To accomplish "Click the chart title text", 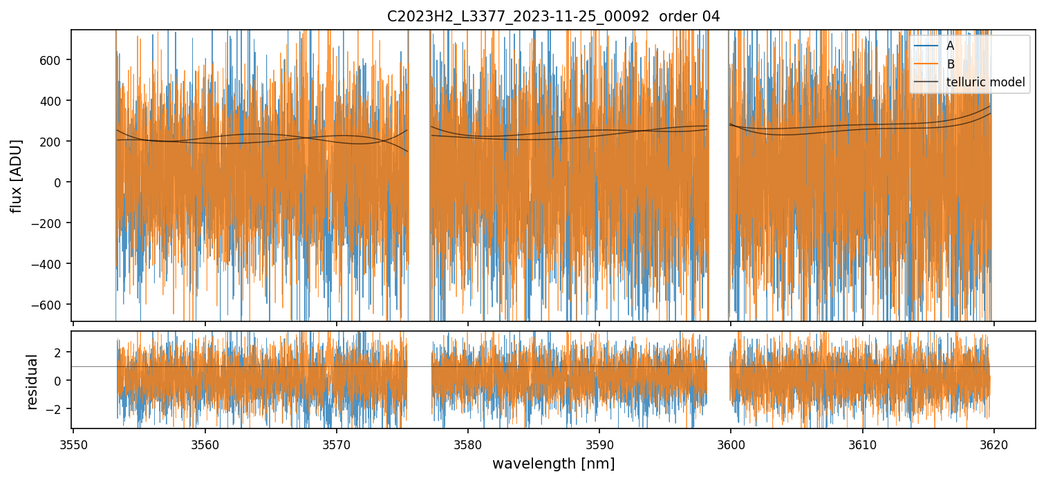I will pos(553,16).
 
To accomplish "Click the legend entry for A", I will pos(950,46).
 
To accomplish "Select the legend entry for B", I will pos(950,64).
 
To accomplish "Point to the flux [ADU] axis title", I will pos(15,176).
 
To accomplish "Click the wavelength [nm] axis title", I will pos(553,463).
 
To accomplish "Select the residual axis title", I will pos(32,381).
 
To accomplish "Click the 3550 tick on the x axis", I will pos(73,443).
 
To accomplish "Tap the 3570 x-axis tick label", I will pos(336,443).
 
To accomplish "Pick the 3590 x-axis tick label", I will pos(599,443).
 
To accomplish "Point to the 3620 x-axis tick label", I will pos(993,443).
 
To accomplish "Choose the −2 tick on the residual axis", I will pos(55,409).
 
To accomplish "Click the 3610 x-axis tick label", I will pos(862,443).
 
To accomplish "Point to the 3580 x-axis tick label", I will pos(467,443).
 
